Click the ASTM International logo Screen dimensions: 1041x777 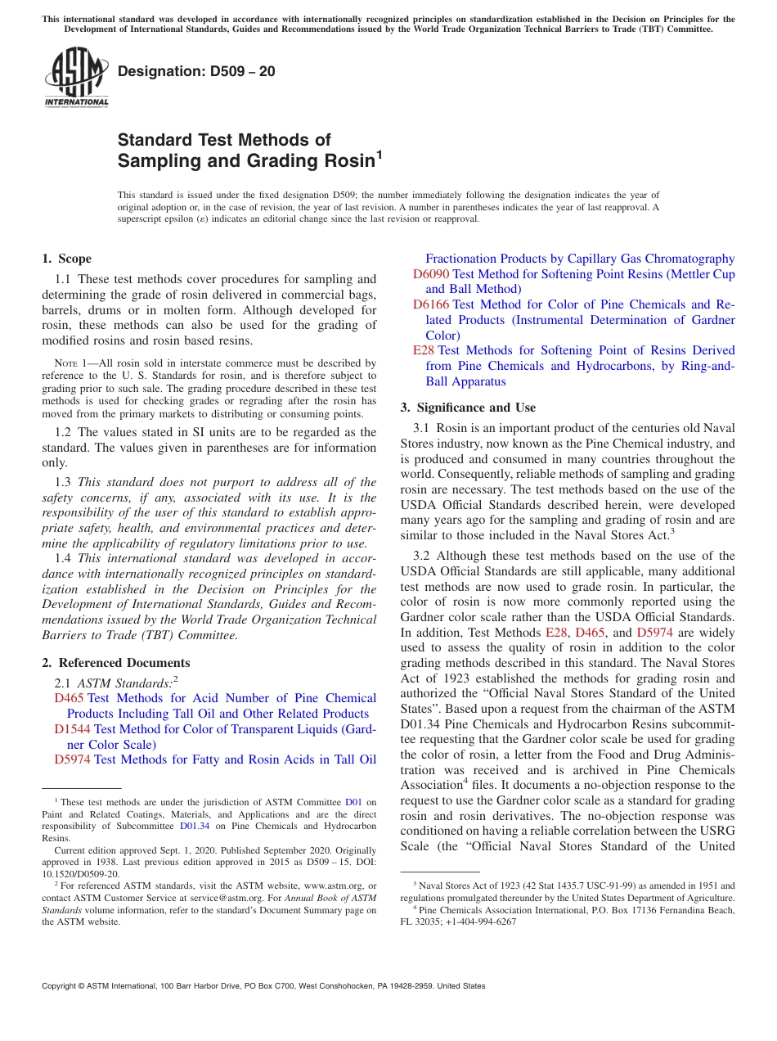pyautogui.click(x=76, y=78)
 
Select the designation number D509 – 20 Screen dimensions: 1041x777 pyautogui.click(x=196, y=72)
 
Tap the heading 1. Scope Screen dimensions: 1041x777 pyautogui.click(x=66, y=259)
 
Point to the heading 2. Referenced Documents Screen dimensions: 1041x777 pyautogui.click(x=115, y=663)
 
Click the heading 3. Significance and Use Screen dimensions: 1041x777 pyautogui.click(x=468, y=408)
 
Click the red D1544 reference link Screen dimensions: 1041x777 pyautogui.click(x=72, y=729)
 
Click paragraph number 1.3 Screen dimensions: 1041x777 pyautogui.click(x=63, y=482)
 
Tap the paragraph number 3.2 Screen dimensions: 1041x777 pyautogui.click(x=422, y=556)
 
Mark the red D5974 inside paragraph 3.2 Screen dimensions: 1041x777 pyautogui.click(x=654, y=633)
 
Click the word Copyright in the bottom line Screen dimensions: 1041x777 pyautogui.click(x=60, y=986)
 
